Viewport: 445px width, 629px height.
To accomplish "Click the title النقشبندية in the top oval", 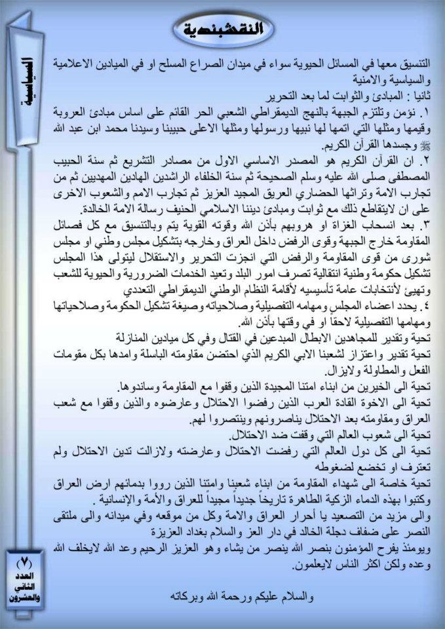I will click(x=223, y=29).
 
